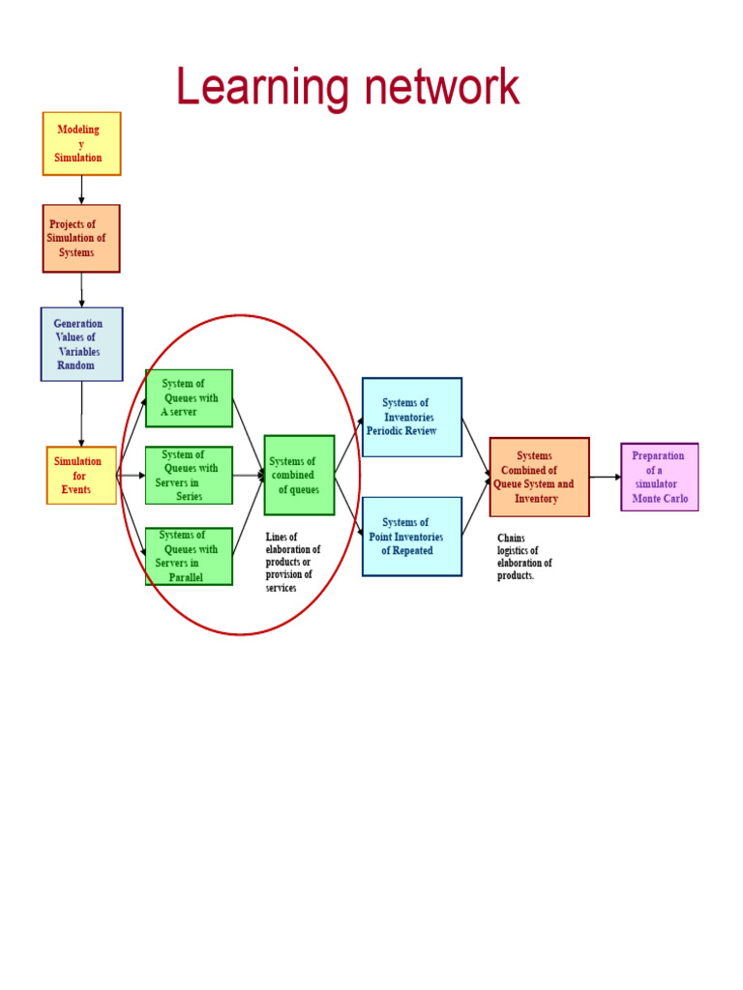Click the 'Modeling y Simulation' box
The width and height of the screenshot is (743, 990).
(x=81, y=144)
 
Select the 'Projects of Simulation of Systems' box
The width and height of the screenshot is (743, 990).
(x=81, y=239)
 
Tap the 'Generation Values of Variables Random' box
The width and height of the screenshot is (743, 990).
(x=81, y=344)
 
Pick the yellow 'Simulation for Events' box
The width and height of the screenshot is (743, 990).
(x=81, y=476)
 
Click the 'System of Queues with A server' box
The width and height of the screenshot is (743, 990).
(x=189, y=398)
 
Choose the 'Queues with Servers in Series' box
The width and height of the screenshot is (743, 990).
(x=189, y=476)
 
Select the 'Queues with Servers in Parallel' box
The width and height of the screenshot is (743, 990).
(x=189, y=556)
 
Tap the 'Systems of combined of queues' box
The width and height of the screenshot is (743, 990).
(x=300, y=476)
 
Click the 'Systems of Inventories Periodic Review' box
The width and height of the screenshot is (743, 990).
(x=412, y=418)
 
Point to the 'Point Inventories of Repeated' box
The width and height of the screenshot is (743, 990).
(x=412, y=537)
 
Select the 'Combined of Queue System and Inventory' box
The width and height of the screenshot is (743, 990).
(x=540, y=478)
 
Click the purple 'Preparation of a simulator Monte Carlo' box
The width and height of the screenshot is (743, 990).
(x=660, y=478)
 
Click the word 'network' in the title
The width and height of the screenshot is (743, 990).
(x=442, y=86)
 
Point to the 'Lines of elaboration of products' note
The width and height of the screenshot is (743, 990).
(x=293, y=562)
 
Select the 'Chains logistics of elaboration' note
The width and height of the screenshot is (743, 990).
(x=524, y=556)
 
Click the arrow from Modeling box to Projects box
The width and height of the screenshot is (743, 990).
(x=81, y=190)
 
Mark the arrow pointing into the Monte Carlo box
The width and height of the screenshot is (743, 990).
(x=606, y=477)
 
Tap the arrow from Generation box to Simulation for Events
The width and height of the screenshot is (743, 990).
(x=81, y=414)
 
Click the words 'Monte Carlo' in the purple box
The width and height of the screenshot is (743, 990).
(x=660, y=498)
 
